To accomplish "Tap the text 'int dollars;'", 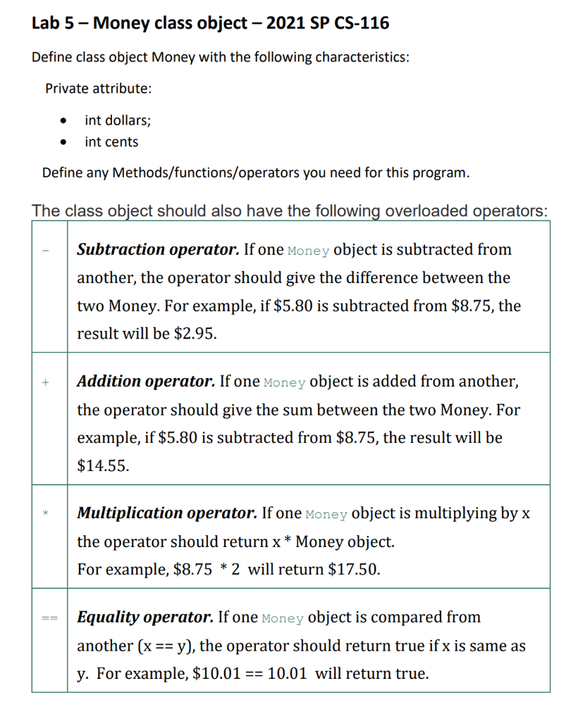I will pyautogui.click(x=118, y=120).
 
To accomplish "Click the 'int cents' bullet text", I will pyautogui.click(x=111, y=142).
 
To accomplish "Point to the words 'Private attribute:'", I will pyautogui.click(x=98, y=89).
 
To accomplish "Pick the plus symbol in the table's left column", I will pyautogui.click(x=46, y=382).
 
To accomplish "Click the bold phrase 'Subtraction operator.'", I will pyautogui.click(x=158, y=249).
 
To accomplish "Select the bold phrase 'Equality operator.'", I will pyautogui.click(x=145, y=617).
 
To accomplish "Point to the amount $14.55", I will pyautogui.click(x=102, y=465).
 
